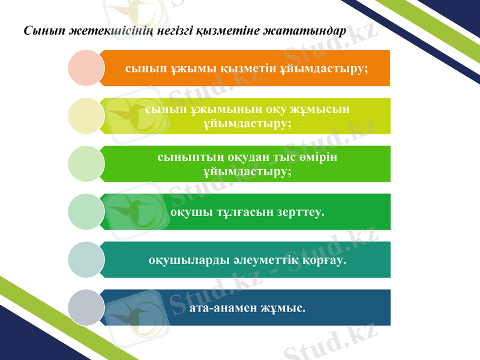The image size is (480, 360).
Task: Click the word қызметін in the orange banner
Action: [x=248, y=68]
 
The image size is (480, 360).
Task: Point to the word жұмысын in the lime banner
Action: [x=318, y=109]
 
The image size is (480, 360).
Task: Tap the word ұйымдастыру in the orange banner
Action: [x=323, y=68]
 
